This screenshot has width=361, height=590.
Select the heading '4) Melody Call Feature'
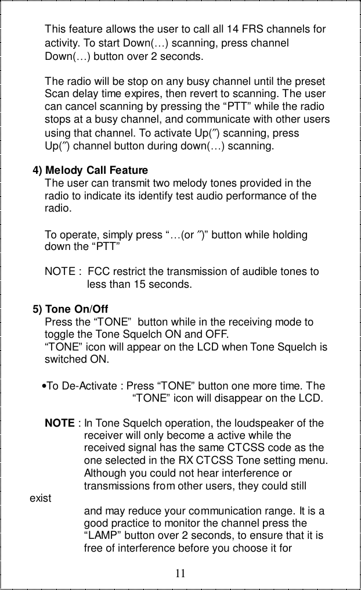91,170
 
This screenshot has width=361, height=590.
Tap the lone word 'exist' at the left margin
40,498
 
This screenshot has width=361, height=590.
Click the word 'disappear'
243,399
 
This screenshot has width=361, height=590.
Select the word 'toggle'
60,335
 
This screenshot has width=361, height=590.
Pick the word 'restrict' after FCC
132,271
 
